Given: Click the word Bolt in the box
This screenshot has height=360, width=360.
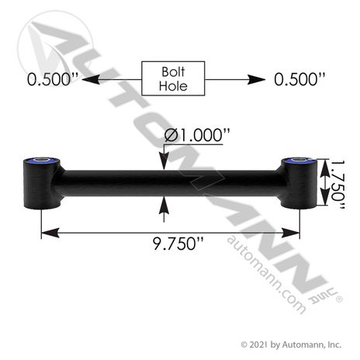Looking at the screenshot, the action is click(x=173, y=71).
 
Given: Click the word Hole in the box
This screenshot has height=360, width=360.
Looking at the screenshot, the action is click(x=173, y=86).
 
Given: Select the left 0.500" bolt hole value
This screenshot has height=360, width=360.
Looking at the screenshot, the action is click(x=53, y=79).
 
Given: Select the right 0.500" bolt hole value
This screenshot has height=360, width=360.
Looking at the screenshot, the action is click(x=299, y=79).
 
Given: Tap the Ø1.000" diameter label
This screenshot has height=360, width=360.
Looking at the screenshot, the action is click(x=197, y=135).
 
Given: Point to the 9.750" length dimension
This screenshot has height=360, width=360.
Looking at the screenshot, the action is click(x=178, y=244).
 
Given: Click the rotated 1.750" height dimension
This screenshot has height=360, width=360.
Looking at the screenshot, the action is click(x=338, y=185).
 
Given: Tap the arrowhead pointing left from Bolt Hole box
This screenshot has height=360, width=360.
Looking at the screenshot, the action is click(x=91, y=79).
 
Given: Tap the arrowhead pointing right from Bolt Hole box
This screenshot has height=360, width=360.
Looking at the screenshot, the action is click(x=256, y=79).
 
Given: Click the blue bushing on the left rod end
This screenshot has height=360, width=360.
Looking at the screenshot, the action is click(x=42, y=161).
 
